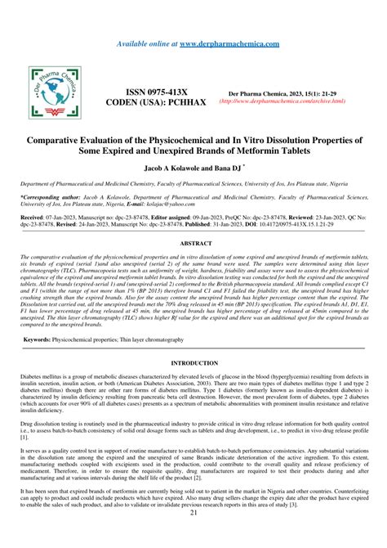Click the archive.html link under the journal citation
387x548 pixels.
coord(282,102)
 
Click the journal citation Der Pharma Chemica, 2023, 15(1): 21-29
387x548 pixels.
coord(282,94)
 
